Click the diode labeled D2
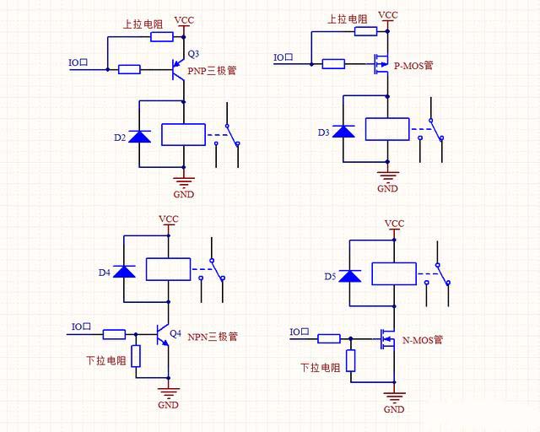tap(139, 135)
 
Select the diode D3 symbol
tap(343, 132)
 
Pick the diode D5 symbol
tap(350, 275)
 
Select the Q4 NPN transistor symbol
tap(162, 335)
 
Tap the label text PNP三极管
tap(212, 71)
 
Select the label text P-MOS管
tap(413, 64)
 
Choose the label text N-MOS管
tap(422, 341)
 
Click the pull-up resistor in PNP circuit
tap(161, 36)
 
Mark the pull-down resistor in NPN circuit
tap(135, 356)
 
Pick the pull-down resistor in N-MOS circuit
tap(351, 361)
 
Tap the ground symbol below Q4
tap(169, 392)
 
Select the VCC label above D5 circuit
tap(394, 224)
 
